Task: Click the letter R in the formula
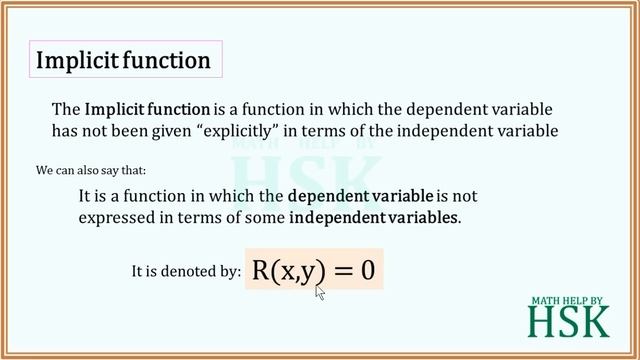(x=263, y=270)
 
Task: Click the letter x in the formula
(x=291, y=272)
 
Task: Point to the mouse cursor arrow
(x=320, y=292)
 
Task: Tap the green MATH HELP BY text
(x=568, y=298)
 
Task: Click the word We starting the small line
(x=44, y=171)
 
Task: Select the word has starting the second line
(x=65, y=130)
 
